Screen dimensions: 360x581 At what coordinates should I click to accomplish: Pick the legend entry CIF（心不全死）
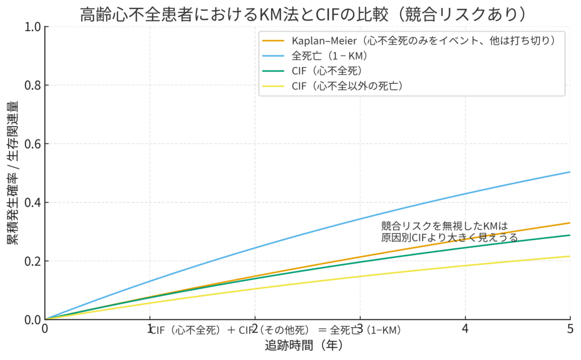[x=327, y=71]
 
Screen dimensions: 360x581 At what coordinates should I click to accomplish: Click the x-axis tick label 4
[x=465, y=329]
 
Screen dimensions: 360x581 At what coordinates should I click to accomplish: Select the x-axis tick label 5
[x=570, y=329]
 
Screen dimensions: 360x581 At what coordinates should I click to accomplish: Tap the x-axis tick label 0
[x=45, y=329]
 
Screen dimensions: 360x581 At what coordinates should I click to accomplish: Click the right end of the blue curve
[x=569, y=172]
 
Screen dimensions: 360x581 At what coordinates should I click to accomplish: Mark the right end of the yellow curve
[x=569, y=256]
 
